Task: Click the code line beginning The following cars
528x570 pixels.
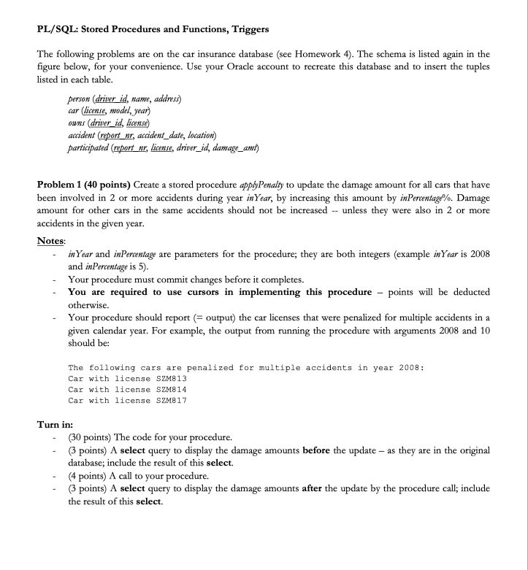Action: pos(245,367)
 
